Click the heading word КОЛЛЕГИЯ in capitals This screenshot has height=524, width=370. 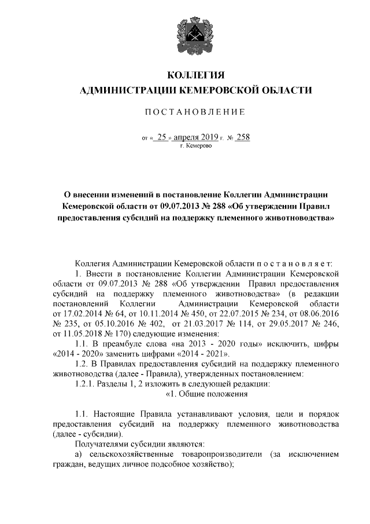(x=195, y=76)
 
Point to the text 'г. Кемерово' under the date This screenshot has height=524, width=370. (x=195, y=146)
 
